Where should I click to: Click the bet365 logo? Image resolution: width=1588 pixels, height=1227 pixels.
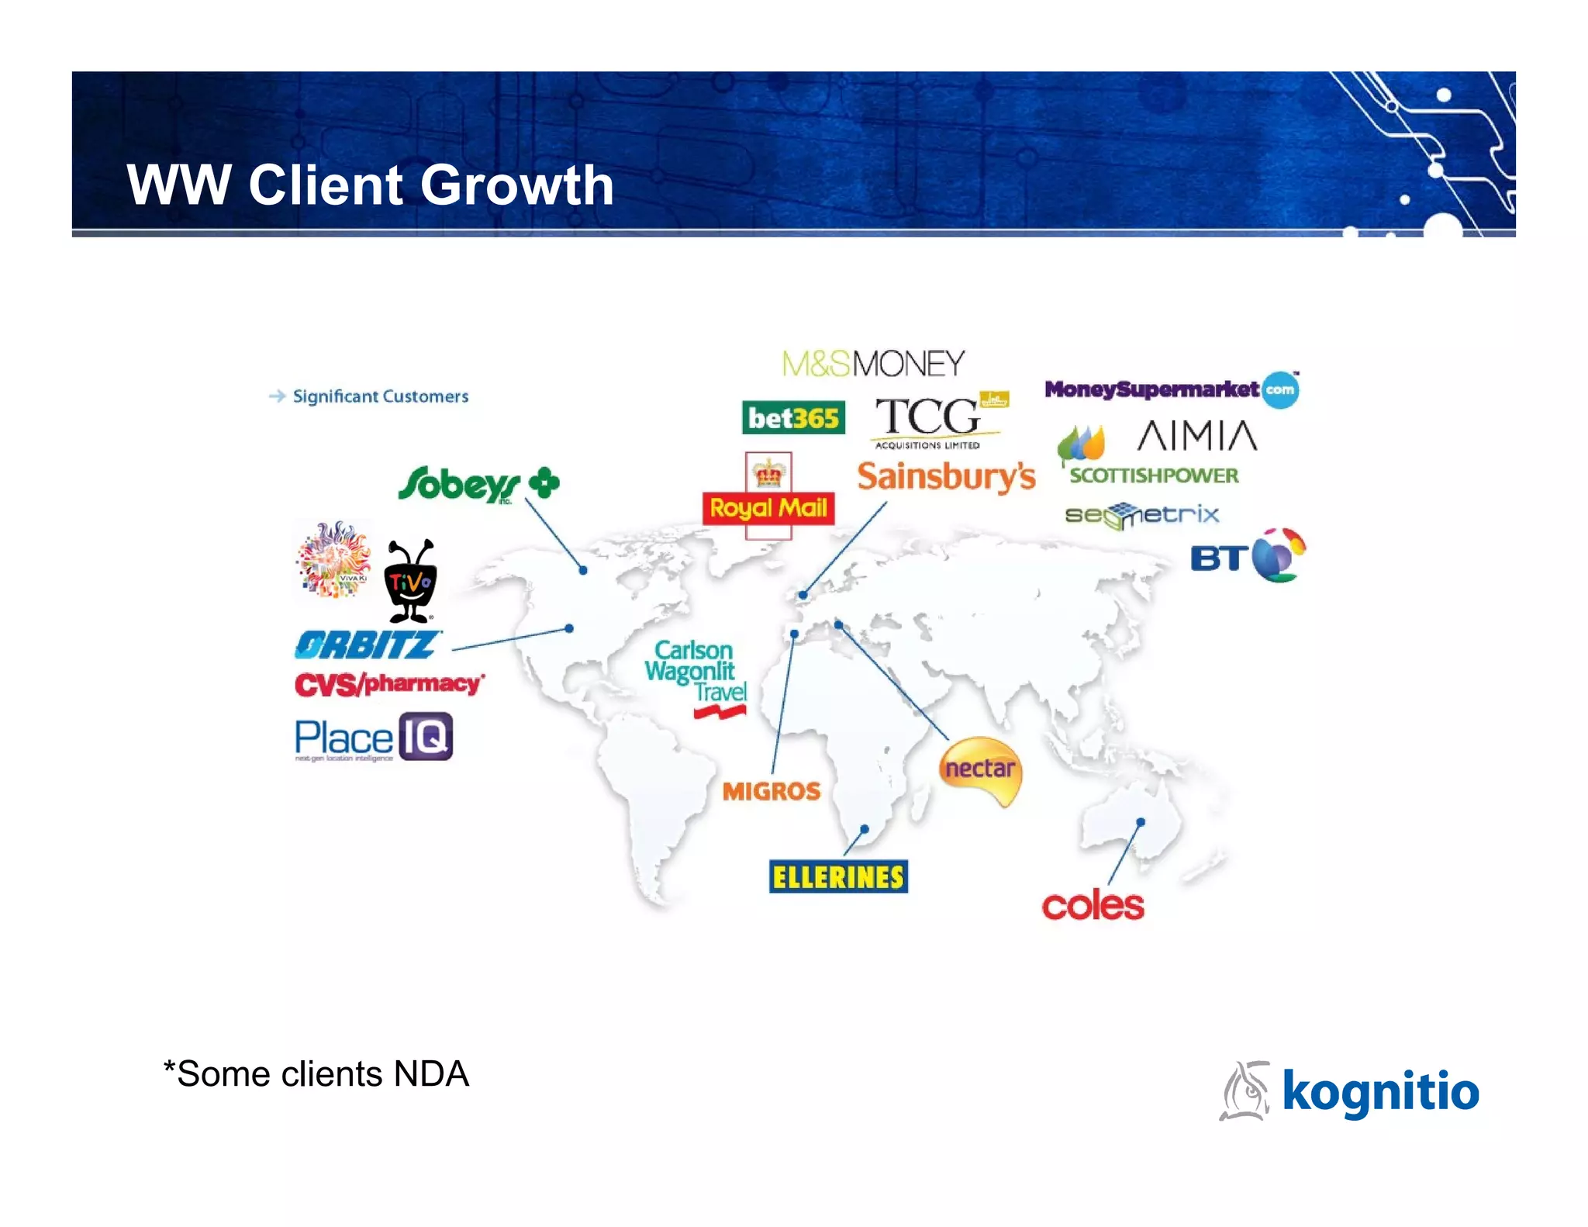pos(792,418)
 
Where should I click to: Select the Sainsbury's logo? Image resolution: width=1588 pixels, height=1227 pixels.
pos(946,476)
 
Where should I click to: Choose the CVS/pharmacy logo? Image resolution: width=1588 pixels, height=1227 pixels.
pos(389,684)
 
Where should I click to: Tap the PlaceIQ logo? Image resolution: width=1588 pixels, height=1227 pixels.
pos(373,738)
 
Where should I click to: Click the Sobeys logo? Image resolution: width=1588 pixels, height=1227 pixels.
pos(478,484)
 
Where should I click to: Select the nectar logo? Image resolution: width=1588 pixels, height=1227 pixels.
pos(980,769)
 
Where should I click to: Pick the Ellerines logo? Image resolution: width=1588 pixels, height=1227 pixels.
pos(838,877)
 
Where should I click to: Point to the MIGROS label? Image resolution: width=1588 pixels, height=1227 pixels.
pos(772,791)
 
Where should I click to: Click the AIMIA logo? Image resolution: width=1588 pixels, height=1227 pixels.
pos(1196,436)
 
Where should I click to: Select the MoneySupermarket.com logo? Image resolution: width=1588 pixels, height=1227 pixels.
pos(1171,389)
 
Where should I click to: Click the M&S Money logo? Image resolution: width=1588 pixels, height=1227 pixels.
pos(873,364)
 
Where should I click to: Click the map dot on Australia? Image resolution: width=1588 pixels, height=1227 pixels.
pos(1141,822)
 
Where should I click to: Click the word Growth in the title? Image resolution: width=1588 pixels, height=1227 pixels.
pos(517,185)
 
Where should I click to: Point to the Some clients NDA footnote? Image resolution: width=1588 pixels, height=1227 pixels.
pos(316,1074)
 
